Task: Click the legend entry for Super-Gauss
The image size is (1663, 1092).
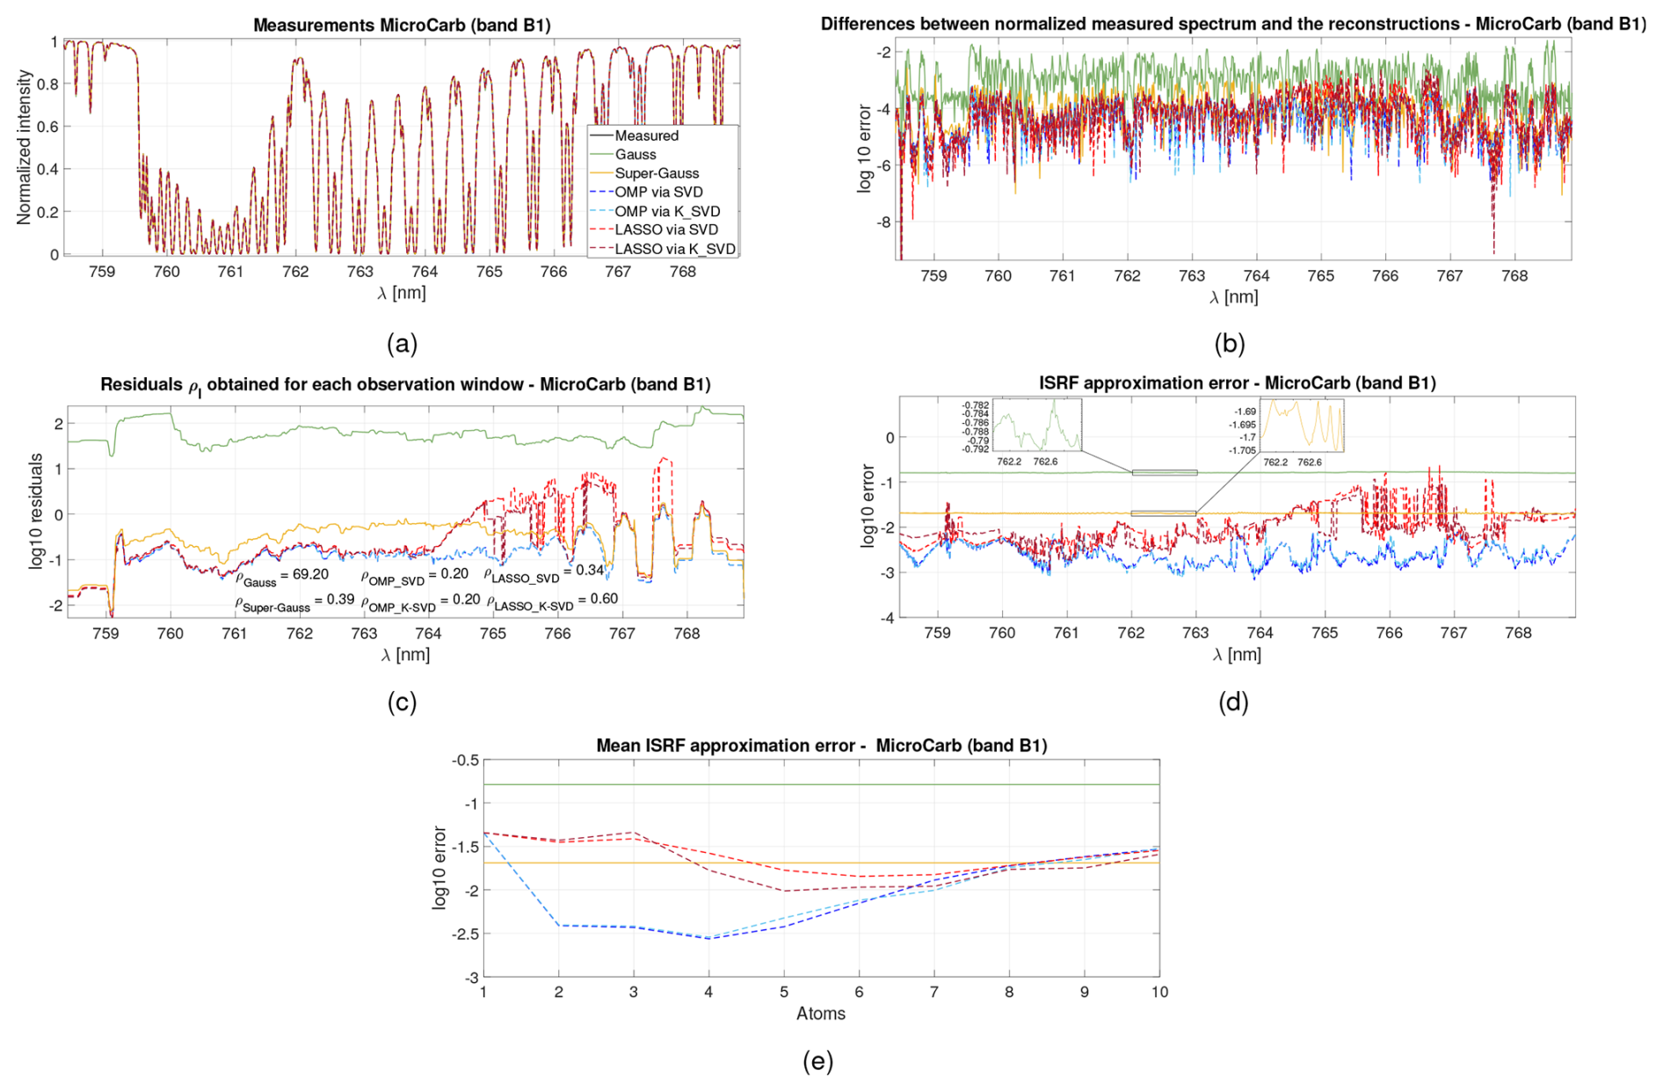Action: tap(657, 173)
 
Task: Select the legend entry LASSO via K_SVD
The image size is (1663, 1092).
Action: tap(674, 249)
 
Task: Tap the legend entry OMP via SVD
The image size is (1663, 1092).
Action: tap(658, 192)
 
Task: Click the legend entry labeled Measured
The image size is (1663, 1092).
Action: tap(646, 135)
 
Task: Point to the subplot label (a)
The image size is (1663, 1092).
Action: tap(402, 344)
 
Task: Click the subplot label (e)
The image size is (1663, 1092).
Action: tap(817, 1061)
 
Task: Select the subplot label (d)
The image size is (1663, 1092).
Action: tap(1232, 702)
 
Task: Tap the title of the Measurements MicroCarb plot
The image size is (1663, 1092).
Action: tap(402, 25)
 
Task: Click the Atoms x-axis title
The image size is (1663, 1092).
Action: tap(821, 1013)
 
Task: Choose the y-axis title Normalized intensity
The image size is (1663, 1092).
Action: tap(24, 148)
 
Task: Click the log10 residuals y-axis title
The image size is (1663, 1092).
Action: tap(36, 511)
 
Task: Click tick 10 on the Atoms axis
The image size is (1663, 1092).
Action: tap(1159, 992)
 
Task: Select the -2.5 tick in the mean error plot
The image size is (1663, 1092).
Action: tap(465, 934)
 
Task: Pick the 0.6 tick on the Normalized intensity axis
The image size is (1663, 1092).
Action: tap(47, 127)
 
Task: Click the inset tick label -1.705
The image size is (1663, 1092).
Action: tap(1244, 450)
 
